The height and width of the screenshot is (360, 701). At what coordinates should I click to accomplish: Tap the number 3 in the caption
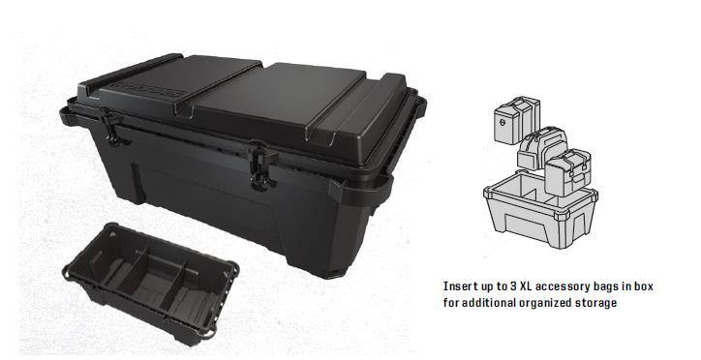(x=514, y=285)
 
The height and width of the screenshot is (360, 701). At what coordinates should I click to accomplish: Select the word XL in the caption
(x=526, y=285)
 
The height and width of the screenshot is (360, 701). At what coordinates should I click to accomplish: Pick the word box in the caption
(x=643, y=285)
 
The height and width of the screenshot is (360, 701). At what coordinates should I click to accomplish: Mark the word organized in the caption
(x=543, y=304)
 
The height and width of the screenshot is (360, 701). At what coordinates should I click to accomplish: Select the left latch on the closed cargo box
(x=110, y=127)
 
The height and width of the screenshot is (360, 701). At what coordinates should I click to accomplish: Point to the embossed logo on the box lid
(x=148, y=88)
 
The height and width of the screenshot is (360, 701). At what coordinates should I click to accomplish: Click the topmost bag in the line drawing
(x=517, y=120)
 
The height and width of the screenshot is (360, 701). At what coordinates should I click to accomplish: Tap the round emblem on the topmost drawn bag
(x=503, y=122)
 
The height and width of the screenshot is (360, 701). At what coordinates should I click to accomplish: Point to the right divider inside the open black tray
(x=178, y=285)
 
